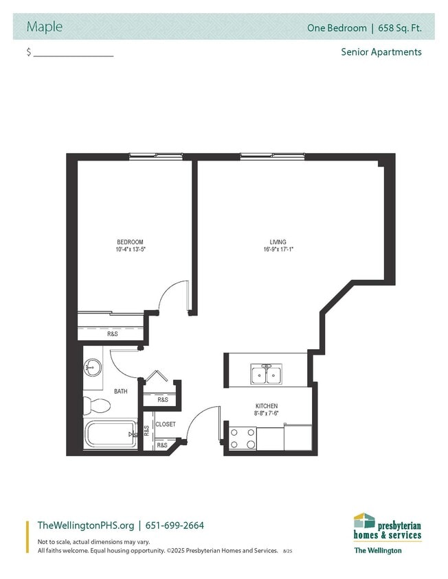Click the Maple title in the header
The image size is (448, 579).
click(45, 27)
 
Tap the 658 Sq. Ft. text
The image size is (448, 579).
click(400, 28)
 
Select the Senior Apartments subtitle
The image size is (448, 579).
click(381, 52)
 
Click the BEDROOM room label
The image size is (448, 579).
click(130, 242)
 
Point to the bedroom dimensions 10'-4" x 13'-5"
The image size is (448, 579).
click(131, 249)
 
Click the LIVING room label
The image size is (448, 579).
click(278, 242)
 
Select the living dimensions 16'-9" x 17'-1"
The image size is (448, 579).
click(278, 249)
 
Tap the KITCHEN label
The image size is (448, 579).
click(267, 406)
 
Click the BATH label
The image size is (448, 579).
click(121, 391)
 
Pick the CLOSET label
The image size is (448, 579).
click(166, 424)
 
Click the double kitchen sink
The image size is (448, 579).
click(267, 374)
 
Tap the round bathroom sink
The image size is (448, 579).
click(92, 368)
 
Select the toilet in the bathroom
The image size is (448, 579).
click(97, 405)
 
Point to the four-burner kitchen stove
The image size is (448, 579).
click(243, 438)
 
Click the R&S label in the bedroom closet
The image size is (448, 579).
click(113, 334)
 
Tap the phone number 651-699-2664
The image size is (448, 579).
click(175, 525)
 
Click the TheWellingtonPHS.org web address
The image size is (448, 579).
click(86, 525)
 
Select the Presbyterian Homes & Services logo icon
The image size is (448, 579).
click(364, 521)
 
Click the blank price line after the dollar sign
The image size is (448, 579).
click(74, 56)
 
